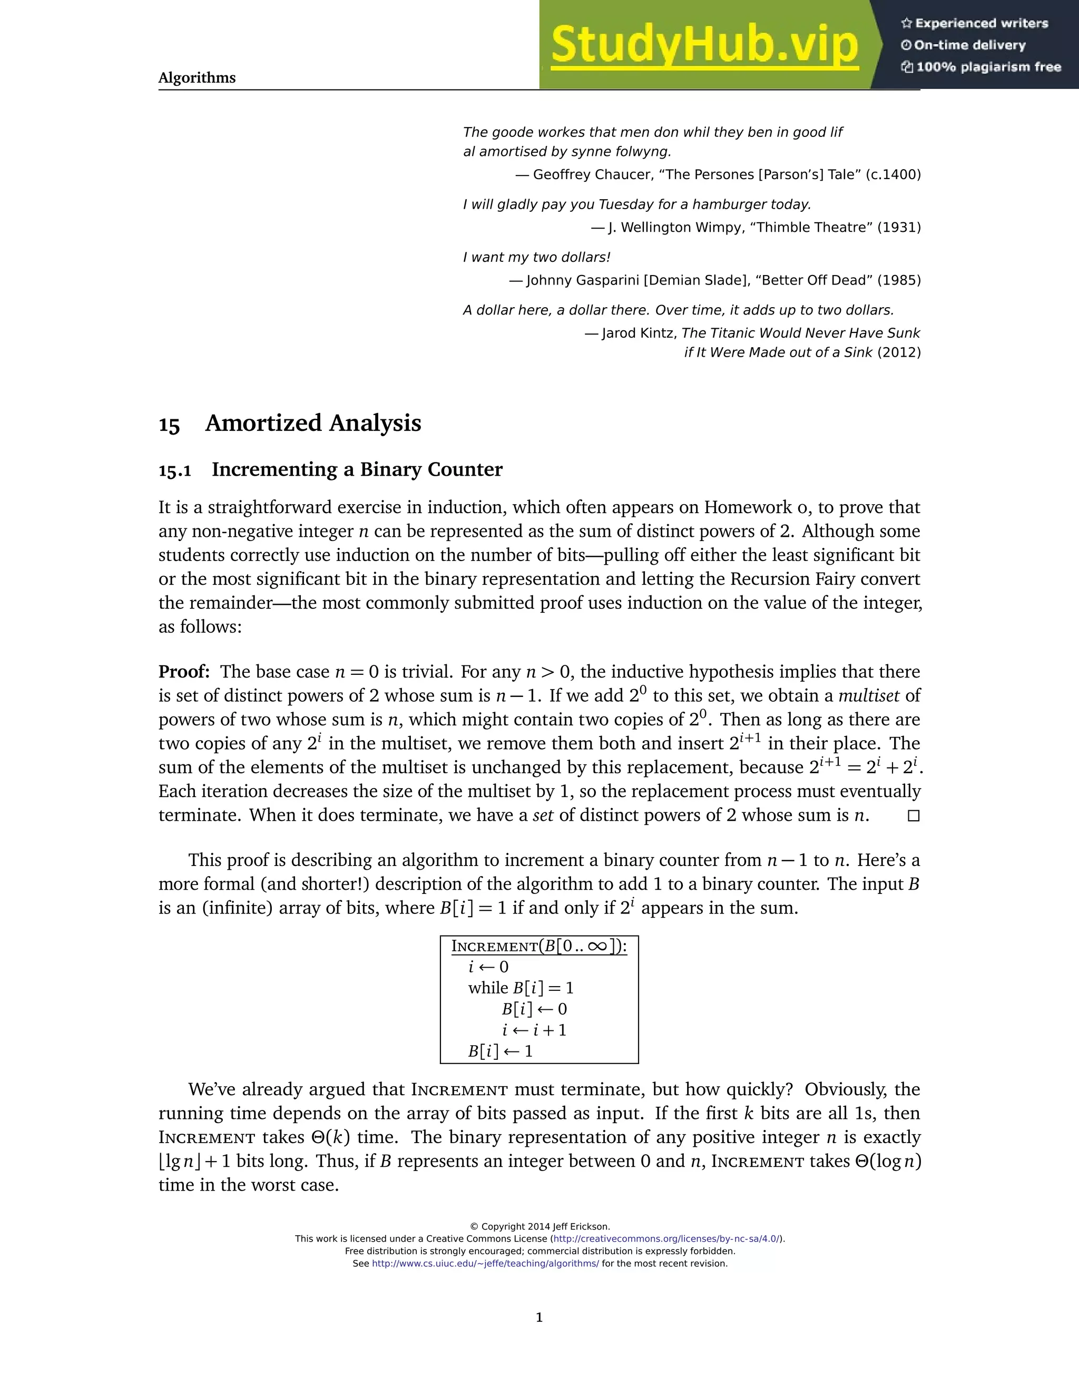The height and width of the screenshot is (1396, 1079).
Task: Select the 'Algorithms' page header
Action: click(197, 78)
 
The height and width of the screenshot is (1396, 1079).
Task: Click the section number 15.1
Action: click(174, 471)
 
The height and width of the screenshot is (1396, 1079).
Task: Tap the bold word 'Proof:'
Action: click(184, 672)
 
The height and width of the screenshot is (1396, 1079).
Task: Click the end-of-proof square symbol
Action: click(914, 816)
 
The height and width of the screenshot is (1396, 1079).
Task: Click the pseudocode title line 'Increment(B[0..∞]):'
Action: click(539, 947)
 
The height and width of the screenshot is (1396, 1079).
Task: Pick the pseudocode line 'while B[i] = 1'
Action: click(521, 988)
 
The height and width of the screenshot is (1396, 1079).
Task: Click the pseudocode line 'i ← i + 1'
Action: click(534, 1030)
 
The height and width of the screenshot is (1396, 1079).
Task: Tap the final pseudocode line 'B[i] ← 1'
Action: click(500, 1051)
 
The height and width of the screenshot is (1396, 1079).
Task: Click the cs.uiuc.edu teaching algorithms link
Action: click(485, 1264)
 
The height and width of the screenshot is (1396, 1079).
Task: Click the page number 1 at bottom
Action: click(539, 1318)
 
